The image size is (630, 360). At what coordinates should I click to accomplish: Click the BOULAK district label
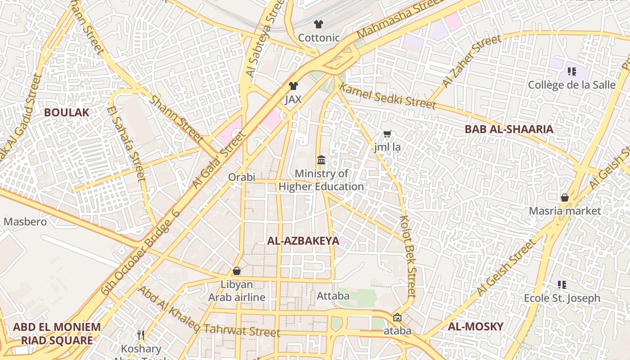tap(67, 112)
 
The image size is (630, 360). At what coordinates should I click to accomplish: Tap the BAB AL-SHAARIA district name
tap(509, 130)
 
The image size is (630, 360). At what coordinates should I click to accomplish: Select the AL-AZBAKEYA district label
tap(303, 241)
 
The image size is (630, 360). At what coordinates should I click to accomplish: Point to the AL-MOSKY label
tap(476, 327)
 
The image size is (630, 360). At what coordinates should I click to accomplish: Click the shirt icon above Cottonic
tap(319, 24)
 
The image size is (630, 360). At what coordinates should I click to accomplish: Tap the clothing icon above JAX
tap(293, 86)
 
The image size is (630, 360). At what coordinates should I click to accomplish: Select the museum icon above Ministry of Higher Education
tap(321, 160)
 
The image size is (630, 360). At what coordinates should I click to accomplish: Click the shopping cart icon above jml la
tap(387, 134)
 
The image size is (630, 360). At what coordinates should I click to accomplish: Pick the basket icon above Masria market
tap(564, 198)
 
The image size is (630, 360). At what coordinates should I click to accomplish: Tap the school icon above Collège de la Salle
tap(572, 71)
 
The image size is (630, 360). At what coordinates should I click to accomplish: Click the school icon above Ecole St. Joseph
tap(562, 284)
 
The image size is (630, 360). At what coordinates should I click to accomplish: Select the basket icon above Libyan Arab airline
tap(237, 271)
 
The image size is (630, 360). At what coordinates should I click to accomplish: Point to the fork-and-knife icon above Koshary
tap(141, 335)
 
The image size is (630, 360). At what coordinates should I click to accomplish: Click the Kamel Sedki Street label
tap(388, 96)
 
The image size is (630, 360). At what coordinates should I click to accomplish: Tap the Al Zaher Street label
tap(471, 61)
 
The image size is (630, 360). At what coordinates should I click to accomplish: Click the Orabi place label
tap(242, 177)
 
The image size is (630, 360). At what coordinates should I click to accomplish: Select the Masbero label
tap(25, 222)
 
